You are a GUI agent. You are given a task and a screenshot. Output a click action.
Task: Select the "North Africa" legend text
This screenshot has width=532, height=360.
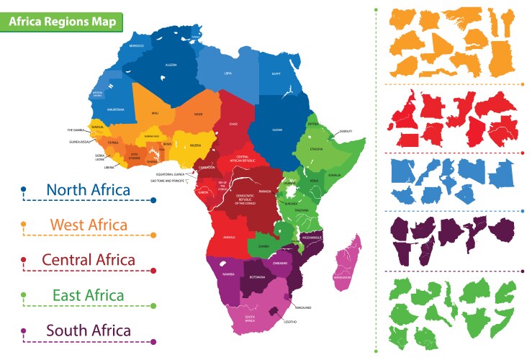click(88, 190)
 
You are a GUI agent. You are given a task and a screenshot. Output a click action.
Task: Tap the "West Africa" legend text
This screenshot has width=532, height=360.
click(89, 225)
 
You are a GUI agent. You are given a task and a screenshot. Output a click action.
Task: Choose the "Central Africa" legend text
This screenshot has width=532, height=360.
click(88, 260)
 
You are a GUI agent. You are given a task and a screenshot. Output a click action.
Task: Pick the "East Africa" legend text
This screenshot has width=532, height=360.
click(88, 295)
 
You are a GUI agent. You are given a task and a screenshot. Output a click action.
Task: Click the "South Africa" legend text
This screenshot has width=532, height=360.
click(89, 330)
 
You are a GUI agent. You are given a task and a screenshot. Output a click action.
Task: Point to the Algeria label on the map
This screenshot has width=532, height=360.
click(171, 65)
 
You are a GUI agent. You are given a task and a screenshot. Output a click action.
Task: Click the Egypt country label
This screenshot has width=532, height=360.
click(275, 73)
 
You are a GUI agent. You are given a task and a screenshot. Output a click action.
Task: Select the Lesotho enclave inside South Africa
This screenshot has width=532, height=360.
click(274, 310)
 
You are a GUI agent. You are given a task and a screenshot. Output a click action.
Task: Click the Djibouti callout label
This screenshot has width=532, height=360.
click(346, 132)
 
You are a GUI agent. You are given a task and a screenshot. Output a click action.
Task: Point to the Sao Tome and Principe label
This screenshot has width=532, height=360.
click(168, 181)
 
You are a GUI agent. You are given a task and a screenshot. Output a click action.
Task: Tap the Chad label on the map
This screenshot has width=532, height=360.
click(233, 124)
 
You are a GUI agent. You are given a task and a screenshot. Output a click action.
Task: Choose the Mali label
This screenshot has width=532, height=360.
click(155, 113)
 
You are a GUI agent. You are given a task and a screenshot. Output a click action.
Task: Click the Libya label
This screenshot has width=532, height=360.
click(228, 73)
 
